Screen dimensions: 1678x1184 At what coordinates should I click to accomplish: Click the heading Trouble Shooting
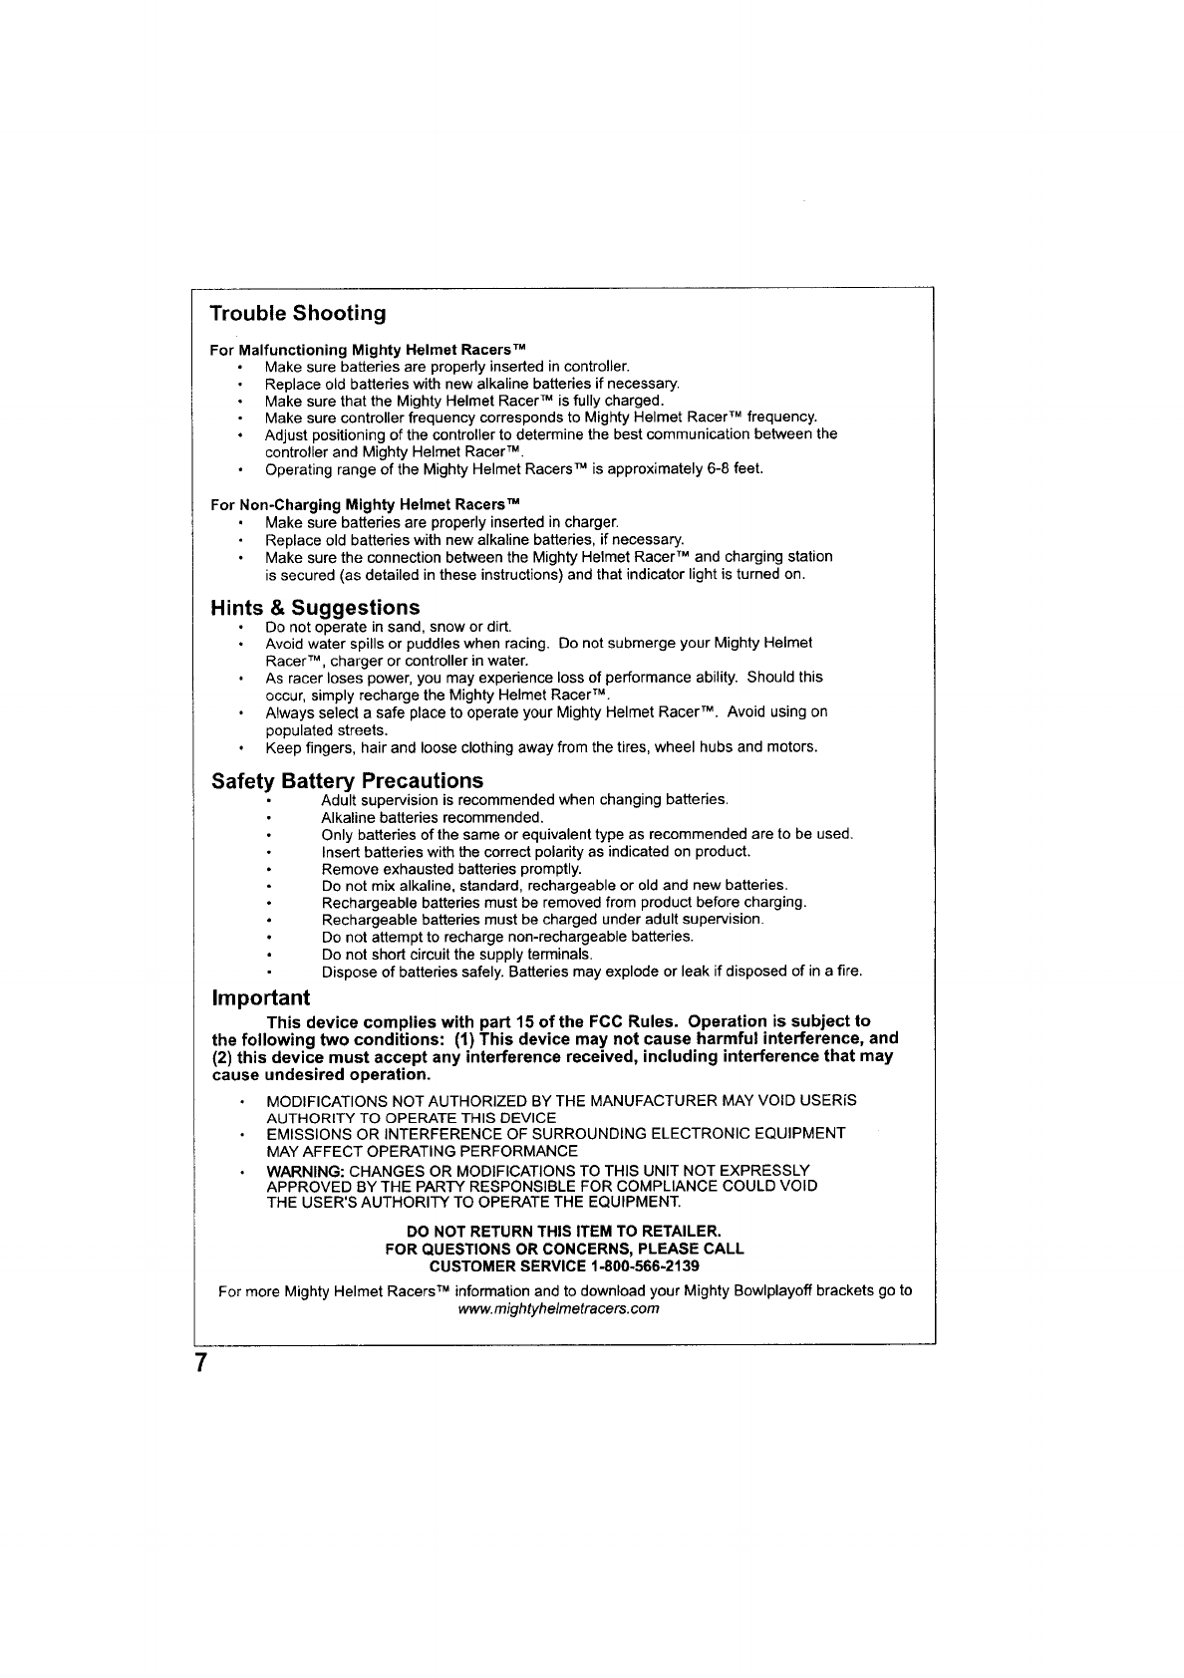coord(298,314)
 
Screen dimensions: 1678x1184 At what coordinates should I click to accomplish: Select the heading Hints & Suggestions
coord(315,608)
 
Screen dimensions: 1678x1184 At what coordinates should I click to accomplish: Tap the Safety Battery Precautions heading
coord(347,780)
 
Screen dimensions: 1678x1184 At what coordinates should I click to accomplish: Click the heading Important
coord(260,998)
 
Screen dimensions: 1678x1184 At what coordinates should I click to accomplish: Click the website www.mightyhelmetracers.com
coord(558,1308)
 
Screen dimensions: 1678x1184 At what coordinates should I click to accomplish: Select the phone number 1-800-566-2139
coord(645,1266)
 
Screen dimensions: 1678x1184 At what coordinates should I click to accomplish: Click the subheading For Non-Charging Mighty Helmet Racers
coord(366,504)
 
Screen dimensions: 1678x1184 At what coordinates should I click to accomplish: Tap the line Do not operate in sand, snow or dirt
coord(388,627)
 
